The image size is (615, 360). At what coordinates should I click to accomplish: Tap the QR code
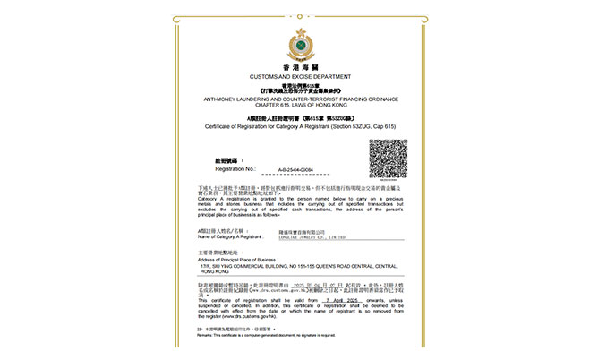[388, 161]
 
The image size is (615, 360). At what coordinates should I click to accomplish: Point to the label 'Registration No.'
[235, 168]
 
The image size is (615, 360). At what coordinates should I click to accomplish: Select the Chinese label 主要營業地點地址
[220, 253]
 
